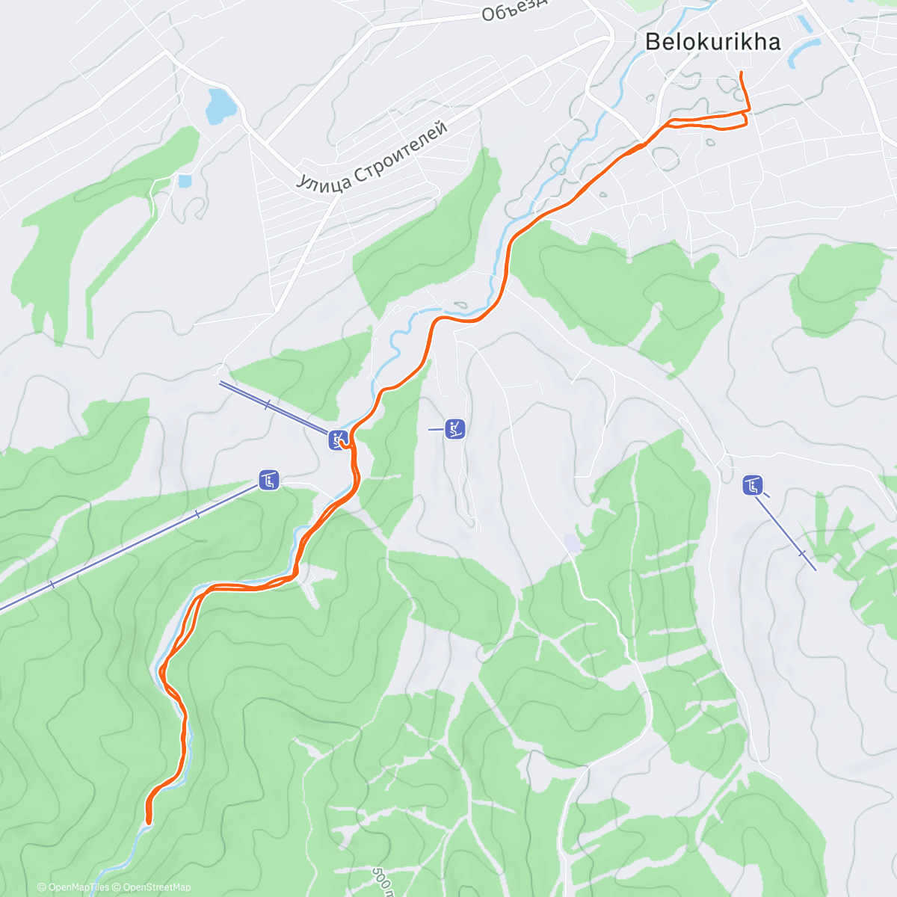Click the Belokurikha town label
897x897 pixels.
(x=712, y=42)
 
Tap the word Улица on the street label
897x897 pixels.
(x=322, y=179)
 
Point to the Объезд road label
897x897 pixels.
(x=514, y=9)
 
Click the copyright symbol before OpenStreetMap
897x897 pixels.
(x=117, y=887)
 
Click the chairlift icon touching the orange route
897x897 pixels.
(x=338, y=440)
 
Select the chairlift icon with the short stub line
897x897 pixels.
(x=454, y=429)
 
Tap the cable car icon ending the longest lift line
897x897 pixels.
(x=269, y=480)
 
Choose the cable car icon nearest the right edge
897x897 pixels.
(x=753, y=486)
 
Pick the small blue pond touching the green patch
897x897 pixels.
(x=183, y=180)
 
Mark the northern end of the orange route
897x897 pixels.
(x=740, y=73)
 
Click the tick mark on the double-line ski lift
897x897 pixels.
(x=268, y=404)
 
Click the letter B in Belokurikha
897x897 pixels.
(x=653, y=42)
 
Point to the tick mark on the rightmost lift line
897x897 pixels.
(x=801, y=554)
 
